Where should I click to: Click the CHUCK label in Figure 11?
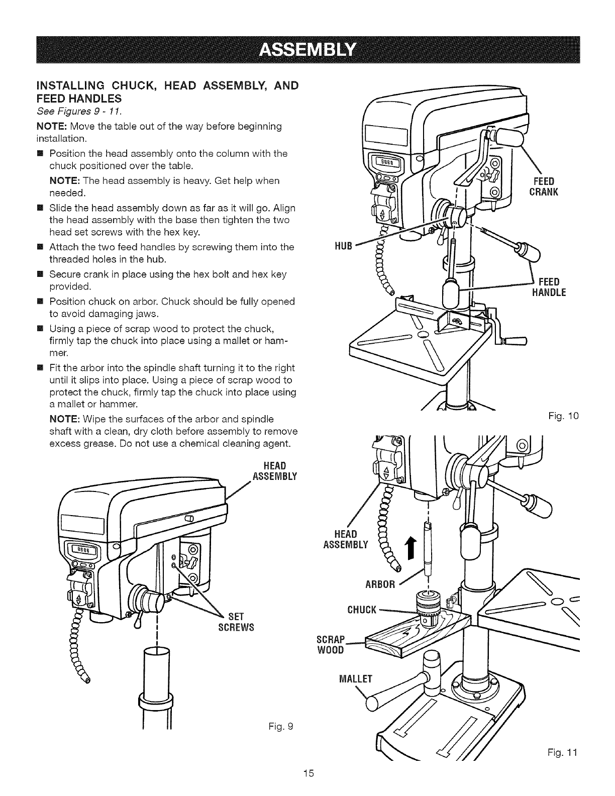click(362, 610)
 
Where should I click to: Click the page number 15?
click(308, 787)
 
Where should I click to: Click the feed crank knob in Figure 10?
click(508, 135)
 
